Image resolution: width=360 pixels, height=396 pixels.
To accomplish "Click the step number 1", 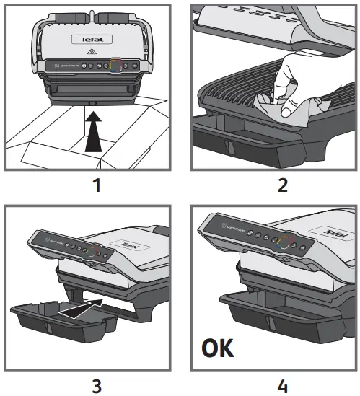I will tap(94, 185).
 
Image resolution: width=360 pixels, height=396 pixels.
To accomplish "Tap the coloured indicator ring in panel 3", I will tap(91, 248).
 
